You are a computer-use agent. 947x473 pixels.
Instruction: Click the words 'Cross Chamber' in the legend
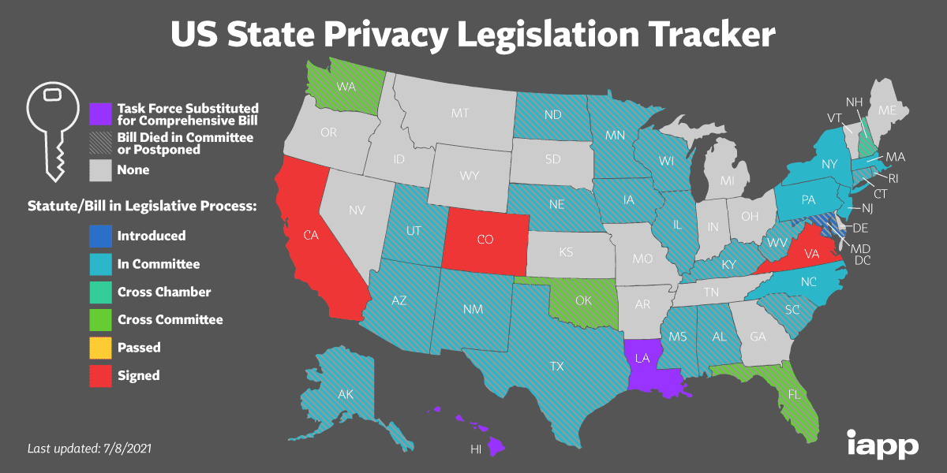pyautogui.click(x=164, y=292)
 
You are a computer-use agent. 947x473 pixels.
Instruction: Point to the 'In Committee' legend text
pyautogui.click(x=159, y=264)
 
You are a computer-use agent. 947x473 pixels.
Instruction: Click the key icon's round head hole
pyautogui.click(x=53, y=94)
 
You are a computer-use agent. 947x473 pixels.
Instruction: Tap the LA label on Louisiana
pyautogui.click(x=643, y=359)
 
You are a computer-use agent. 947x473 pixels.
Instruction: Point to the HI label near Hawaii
pyautogui.click(x=476, y=450)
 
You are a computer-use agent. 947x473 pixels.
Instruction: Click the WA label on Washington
pyautogui.click(x=345, y=86)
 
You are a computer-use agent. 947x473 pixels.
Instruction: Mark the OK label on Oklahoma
pyautogui.click(x=561, y=300)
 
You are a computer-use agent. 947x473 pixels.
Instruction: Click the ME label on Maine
pyautogui.click(x=887, y=111)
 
